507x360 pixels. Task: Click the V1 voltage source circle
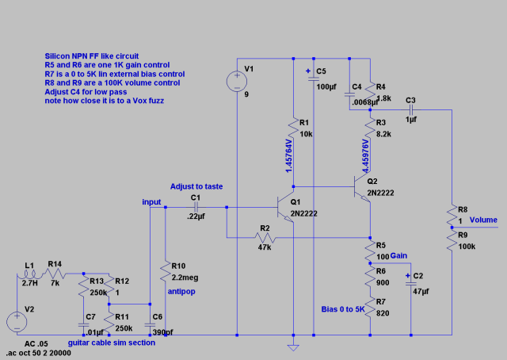click(x=237, y=81)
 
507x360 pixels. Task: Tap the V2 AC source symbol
click(x=17, y=322)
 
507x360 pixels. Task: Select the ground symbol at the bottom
click(x=293, y=348)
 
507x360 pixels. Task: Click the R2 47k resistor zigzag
click(x=265, y=238)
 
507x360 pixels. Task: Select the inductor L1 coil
click(x=29, y=275)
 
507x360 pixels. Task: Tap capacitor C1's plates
click(x=196, y=207)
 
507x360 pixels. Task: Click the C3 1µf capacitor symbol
click(x=410, y=110)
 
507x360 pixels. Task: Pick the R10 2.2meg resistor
click(x=166, y=272)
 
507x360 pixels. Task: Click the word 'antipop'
click(x=181, y=291)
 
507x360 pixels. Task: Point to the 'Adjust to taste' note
click(x=196, y=186)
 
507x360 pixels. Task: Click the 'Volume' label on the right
click(x=483, y=220)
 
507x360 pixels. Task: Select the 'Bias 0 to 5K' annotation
click(x=343, y=309)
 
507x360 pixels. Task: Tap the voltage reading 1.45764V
click(x=289, y=156)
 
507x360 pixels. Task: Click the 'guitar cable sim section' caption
click(x=112, y=343)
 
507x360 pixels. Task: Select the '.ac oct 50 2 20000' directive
click(x=39, y=353)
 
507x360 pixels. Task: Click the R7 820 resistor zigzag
click(x=370, y=308)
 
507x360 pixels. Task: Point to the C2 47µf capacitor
click(x=411, y=282)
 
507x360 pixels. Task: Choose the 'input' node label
click(x=151, y=202)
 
